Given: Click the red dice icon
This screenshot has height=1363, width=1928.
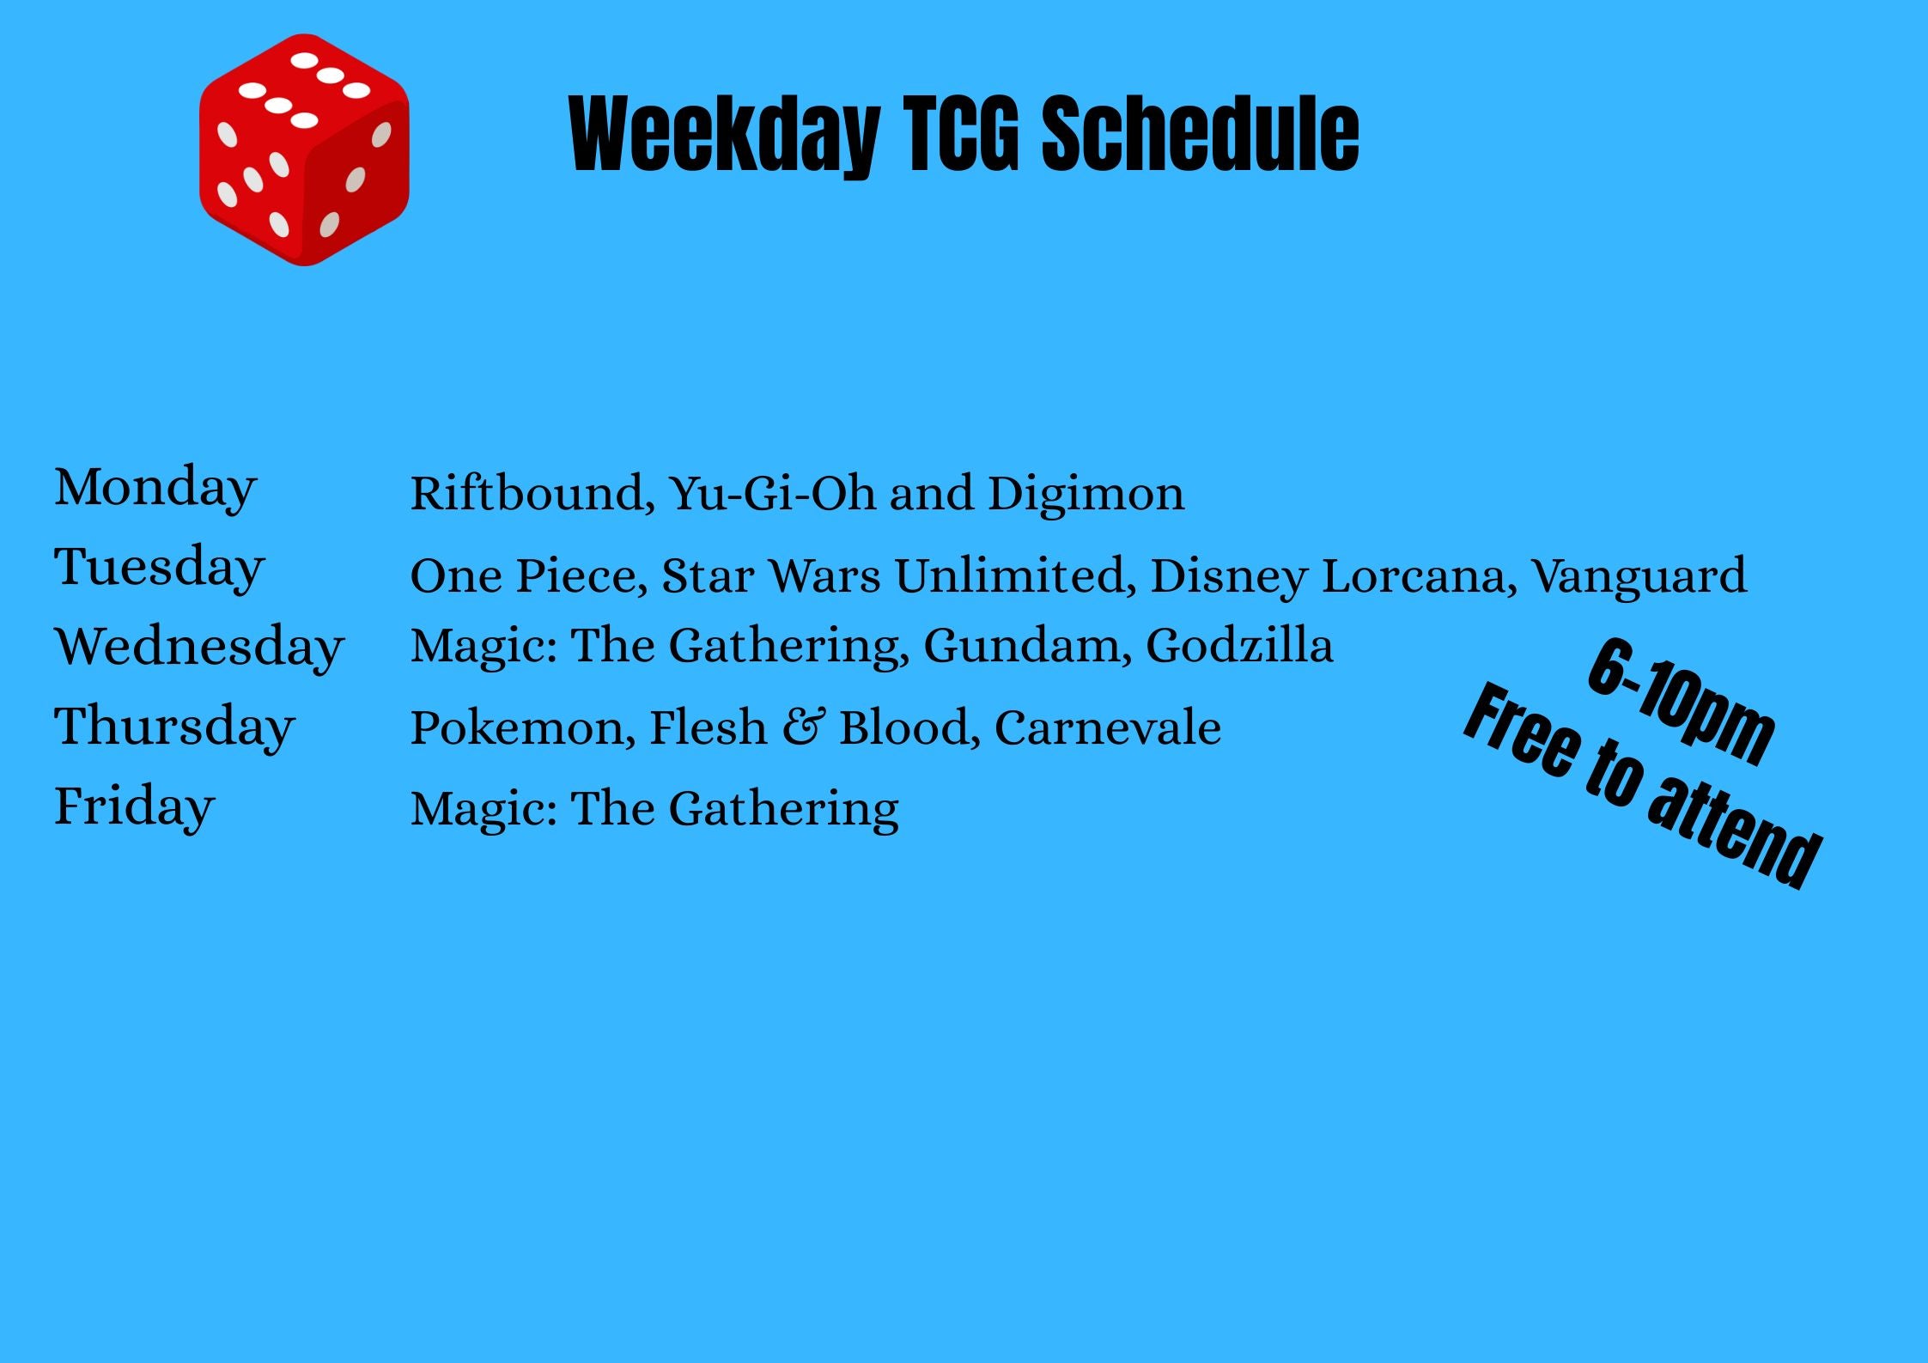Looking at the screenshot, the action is (304, 150).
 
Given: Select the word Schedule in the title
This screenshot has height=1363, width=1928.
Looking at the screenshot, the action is (1201, 132).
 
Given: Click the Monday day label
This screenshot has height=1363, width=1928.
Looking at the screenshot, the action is (155, 488).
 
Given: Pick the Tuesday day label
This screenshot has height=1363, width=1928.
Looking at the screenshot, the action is (160, 568).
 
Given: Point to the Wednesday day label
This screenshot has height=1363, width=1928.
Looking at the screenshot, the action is (199, 647).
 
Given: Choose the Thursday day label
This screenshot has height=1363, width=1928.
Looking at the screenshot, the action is (175, 727).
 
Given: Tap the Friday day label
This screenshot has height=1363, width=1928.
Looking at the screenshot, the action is (135, 806).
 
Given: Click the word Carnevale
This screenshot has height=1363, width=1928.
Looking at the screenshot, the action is (1108, 728).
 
